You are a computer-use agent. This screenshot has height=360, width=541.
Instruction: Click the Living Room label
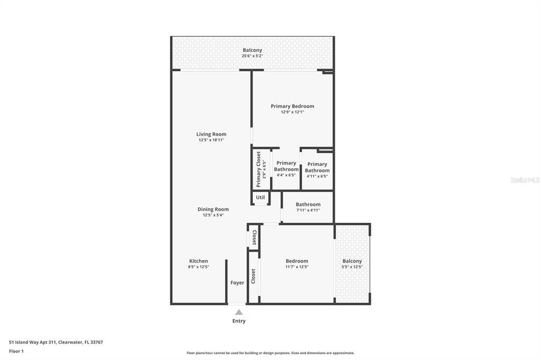211,134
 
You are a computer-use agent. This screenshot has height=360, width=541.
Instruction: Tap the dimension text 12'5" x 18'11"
211,140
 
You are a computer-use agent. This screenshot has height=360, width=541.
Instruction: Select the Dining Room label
213,209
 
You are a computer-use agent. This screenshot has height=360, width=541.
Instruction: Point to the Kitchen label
199,261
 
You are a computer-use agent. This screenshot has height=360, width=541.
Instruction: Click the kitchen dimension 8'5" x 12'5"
199,267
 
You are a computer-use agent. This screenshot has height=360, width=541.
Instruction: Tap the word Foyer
237,283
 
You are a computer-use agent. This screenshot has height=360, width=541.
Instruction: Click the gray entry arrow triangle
239,312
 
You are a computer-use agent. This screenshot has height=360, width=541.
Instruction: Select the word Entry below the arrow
239,321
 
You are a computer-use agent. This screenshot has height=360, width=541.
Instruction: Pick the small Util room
260,197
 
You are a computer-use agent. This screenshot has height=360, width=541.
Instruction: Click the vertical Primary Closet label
258,169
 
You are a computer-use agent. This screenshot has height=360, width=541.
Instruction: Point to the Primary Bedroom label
292,106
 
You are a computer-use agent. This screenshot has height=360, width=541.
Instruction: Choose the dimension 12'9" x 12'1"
292,112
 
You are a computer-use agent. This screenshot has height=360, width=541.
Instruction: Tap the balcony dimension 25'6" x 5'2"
253,56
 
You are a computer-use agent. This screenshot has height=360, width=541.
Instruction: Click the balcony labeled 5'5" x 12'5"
352,264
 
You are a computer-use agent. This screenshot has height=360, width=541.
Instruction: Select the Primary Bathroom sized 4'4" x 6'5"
286,169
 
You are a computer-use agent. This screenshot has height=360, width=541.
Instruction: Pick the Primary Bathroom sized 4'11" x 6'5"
317,170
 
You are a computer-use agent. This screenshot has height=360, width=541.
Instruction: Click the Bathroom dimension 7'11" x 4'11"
308,210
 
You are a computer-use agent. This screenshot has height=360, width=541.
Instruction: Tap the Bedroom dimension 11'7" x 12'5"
297,267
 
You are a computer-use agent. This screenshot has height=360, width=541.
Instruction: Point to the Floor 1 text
16,350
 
